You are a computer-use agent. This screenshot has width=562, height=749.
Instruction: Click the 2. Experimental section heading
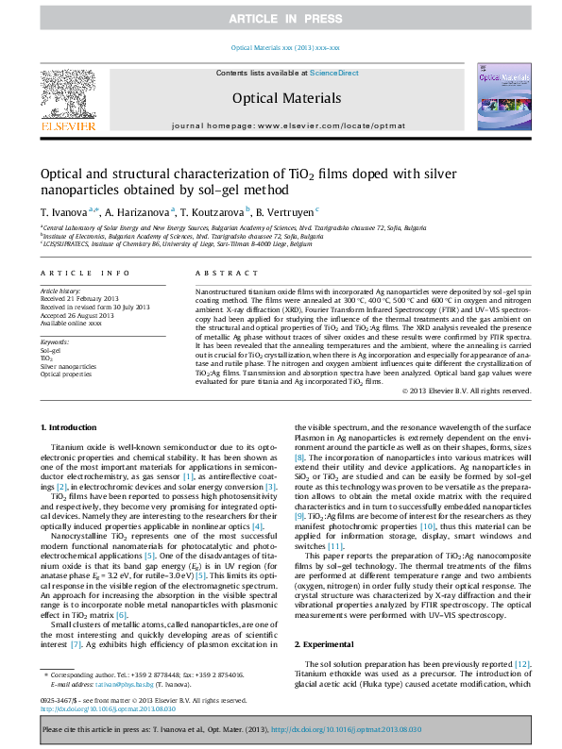click(327, 643)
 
